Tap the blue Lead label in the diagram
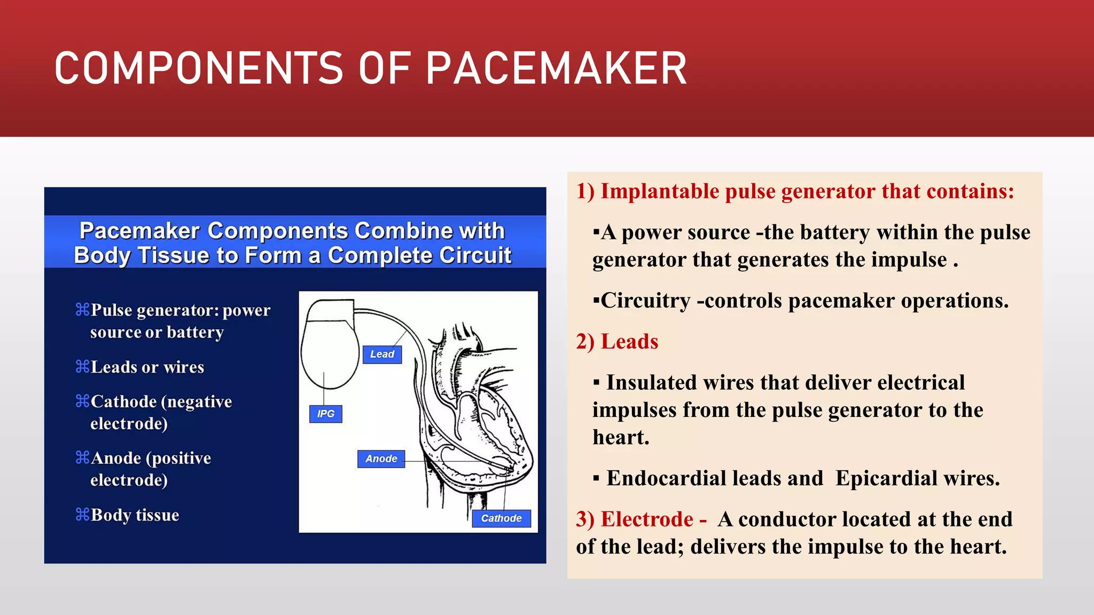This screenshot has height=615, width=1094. [382, 354]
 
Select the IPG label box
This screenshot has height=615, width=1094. [325, 414]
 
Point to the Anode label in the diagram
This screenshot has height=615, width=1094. [381, 459]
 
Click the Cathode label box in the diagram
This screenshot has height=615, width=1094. [501, 518]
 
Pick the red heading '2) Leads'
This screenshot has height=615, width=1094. [617, 342]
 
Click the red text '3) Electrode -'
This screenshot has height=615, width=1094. [641, 519]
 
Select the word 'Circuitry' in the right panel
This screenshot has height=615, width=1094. [646, 301]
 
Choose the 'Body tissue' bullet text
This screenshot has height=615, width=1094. [135, 515]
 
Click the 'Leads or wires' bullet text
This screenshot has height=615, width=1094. [147, 367]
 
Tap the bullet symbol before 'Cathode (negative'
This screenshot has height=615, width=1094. [82, 401]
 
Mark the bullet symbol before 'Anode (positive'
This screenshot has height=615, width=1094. [82, 458]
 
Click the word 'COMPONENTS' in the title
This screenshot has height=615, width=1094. [198, 68]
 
